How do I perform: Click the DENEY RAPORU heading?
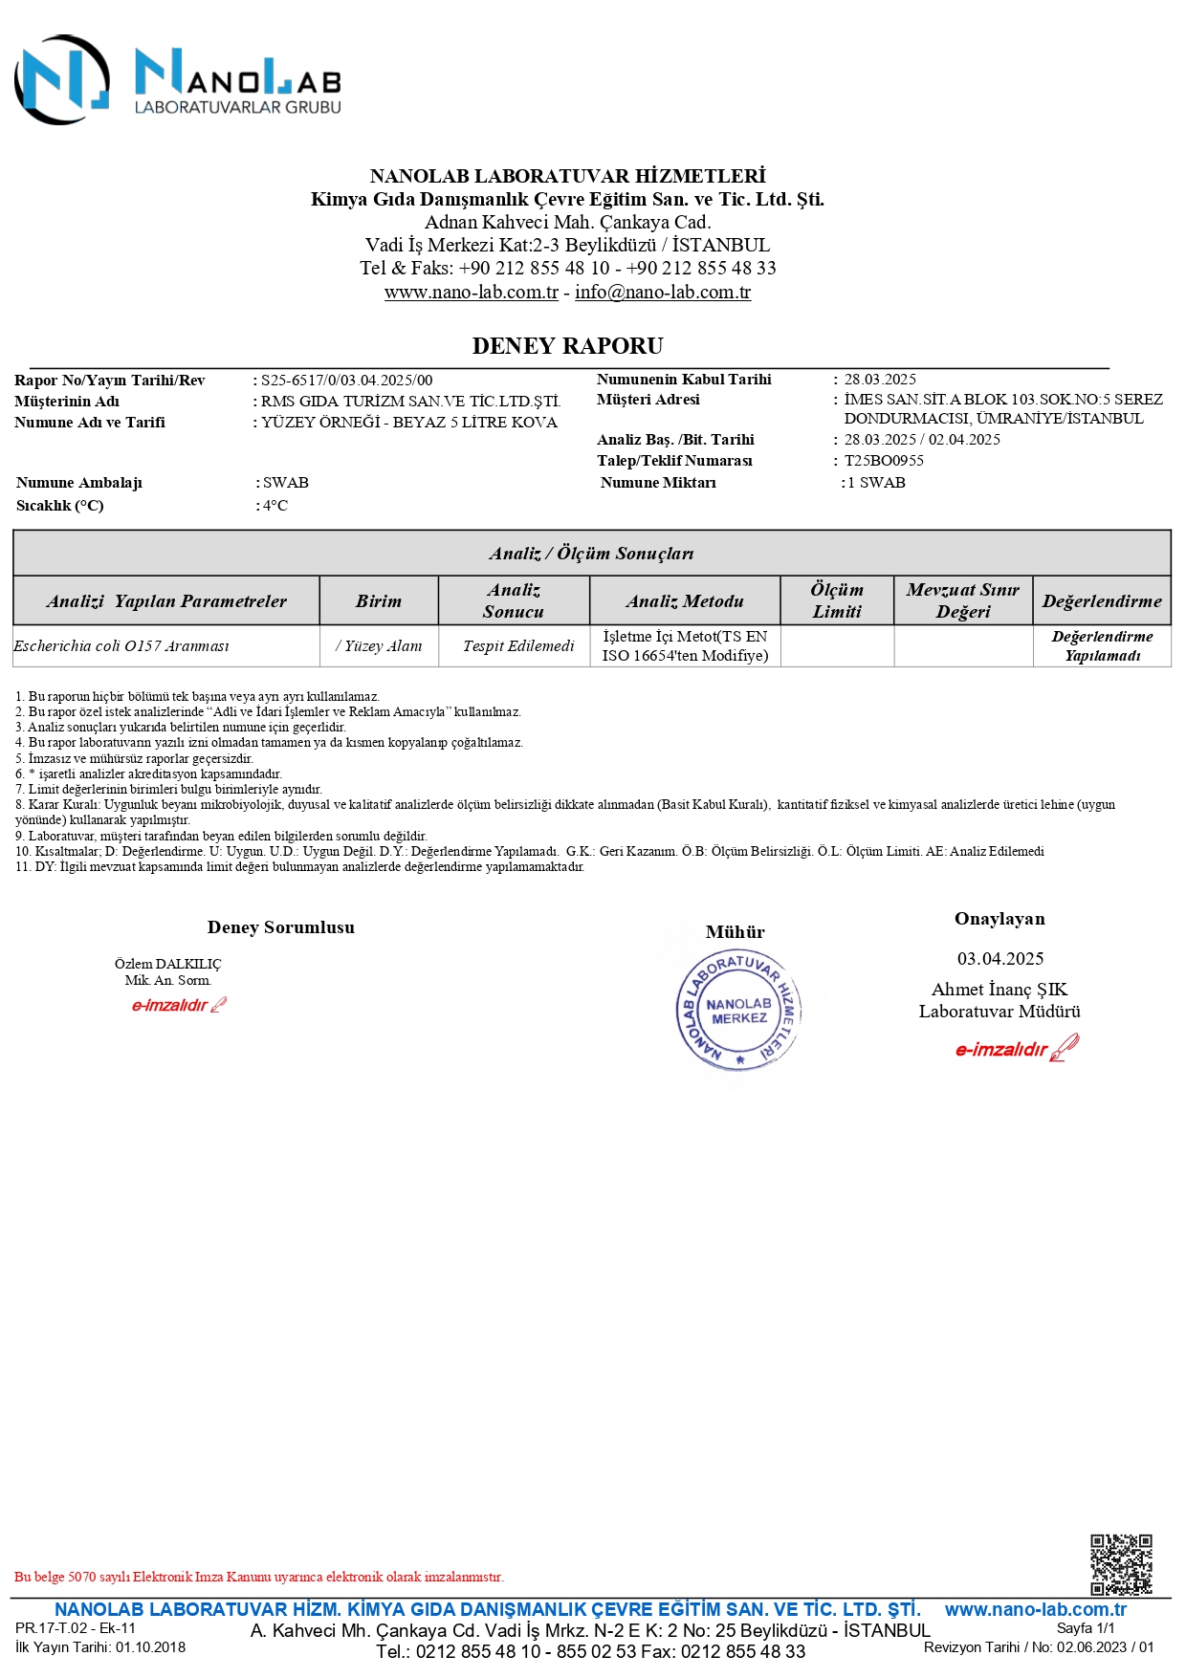567,346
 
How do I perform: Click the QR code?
1121,1564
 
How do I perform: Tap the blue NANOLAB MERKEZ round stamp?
738,1011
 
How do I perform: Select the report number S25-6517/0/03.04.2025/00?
346,381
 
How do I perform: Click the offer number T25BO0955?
884,461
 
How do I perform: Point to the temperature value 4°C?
275,506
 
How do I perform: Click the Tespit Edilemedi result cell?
518,646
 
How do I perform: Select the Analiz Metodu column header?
685,601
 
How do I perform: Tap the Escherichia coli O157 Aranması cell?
121,646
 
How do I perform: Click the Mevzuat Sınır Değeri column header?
962,601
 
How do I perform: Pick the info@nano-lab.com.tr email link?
663,293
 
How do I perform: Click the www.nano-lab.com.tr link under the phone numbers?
472,293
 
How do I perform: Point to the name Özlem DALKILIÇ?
167,964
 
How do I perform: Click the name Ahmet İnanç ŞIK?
999,990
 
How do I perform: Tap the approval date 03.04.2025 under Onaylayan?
1000,959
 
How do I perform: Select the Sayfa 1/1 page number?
1086,1628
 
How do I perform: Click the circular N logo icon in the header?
62,80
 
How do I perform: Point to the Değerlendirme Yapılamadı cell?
1102,646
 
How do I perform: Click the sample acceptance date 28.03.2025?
880,380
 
